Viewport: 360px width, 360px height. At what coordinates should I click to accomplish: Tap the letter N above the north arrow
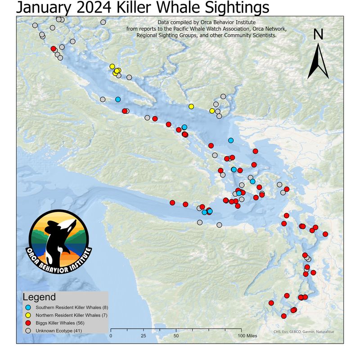318,35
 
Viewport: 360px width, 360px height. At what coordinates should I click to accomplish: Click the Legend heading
39,297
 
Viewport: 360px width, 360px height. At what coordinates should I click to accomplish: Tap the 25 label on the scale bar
143,336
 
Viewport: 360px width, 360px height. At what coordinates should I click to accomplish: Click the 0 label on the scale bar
111,336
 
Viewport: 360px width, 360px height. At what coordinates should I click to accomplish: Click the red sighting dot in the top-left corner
54,49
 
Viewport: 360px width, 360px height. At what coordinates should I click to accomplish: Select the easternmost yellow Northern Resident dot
212,111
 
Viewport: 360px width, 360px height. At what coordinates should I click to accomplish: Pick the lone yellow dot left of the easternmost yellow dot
191,107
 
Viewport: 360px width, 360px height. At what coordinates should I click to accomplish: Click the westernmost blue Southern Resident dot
118,99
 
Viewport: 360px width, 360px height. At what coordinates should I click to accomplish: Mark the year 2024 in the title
102,8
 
